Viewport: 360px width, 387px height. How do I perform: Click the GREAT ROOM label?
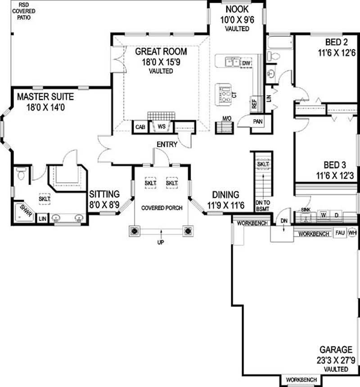pyautogui.click(x=161, y=51)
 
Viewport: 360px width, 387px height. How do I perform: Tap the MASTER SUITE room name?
pyautogui.click(x=45, y=97)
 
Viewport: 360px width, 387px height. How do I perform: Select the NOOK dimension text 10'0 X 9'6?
pyautogui.click(x=237, y=19)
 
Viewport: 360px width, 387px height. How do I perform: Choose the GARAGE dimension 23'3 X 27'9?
pyautogui.click(x=336, y=360)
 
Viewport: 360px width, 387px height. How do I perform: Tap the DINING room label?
pyautogui.click(x=223, y=194)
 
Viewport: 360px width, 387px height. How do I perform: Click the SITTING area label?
pyautogui.click(x=104, y=194)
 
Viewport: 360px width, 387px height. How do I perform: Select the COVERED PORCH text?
pyautogui.click(x=161, y=208)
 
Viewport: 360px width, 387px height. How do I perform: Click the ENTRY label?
pyautogui.click(x=166, y=144)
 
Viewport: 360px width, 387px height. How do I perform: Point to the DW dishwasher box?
pyautogui.click(x=246, y=63)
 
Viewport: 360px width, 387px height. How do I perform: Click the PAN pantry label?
pyautogui.click(x=258, y=121)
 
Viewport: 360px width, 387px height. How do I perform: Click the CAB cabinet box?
pyautogui.click(x=139, y=127)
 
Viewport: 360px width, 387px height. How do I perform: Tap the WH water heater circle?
pyautogui.click(x=352, y=234)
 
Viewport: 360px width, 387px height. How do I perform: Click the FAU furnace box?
pyautogui.click(x=340, y=234)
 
